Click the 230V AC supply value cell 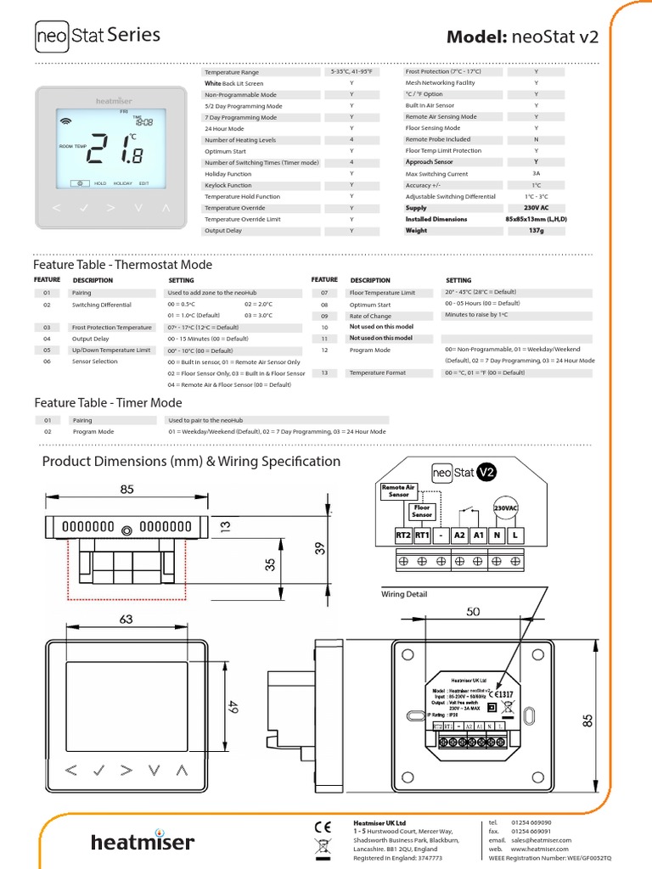click(x=536, y=208)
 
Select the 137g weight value click(x=536, y=230)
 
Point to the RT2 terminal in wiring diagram click(x=402, y=535)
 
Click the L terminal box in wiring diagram click(x=516, y=535)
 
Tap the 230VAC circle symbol click(x=507, y=507)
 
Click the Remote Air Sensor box click(x=398, y=491)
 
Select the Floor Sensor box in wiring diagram click(x=421, y=511)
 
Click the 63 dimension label click(x=126, y=620)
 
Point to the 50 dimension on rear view click(x=472, y=611)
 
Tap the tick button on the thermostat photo click(x=83, y=206)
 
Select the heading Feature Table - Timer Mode click(x=108, y=403)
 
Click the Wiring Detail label click(x=404, y=594)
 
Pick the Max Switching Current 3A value click(x=536, y=174)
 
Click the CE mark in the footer click(x=323, y=825)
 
